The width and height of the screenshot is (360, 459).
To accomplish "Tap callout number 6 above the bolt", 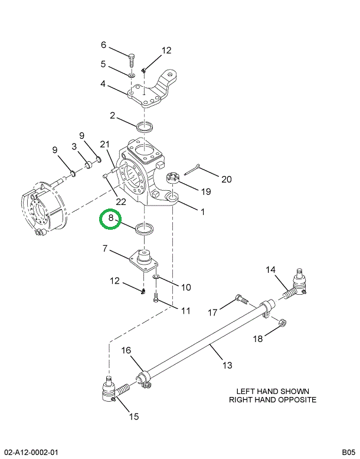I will pyautogui.click(x=103, y=45).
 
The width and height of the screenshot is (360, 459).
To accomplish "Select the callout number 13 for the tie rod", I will pyautogui.click(x=227, y=365).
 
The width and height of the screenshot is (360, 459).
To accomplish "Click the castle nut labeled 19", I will pyautogui.click(x=174, y=177).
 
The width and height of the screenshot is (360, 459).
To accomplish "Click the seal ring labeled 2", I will pyautogui.click(x=144, y=126).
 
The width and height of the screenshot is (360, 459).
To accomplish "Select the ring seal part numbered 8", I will pyautogui.click(x=144, y=229).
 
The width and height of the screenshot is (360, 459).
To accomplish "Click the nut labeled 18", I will pyautogui.click(x=282, y=323).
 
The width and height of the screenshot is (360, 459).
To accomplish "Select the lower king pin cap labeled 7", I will pyautogui.click(x=144, y=261).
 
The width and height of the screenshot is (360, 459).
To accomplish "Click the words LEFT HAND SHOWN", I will pyautogui.click(x=273, y=391).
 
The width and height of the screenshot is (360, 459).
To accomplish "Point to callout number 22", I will pyautogui.click(x=121, y=201).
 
